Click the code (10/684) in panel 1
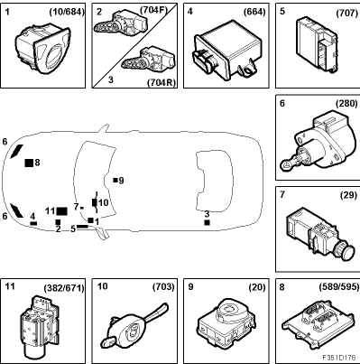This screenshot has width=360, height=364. point(67,12)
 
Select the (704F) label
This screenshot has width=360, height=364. point(153,10)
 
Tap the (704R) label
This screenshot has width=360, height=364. point(162,82)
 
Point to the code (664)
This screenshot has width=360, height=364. point(254,12)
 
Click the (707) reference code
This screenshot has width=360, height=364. point(347,14)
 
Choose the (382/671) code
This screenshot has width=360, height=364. point(64,288)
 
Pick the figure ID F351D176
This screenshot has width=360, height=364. point(339,358)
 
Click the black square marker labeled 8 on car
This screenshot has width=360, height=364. point(29,163)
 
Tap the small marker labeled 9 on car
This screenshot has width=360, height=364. point(115,180)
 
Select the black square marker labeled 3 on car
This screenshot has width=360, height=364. point(207,222)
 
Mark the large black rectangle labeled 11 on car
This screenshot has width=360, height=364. point(61,211)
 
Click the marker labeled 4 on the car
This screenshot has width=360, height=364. point(33,223)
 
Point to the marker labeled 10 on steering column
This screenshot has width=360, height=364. point(95,202)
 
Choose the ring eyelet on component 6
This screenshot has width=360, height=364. point(285,164)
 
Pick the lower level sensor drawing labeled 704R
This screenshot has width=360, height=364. point(148,58)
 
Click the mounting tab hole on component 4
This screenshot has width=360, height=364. point(248,71)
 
